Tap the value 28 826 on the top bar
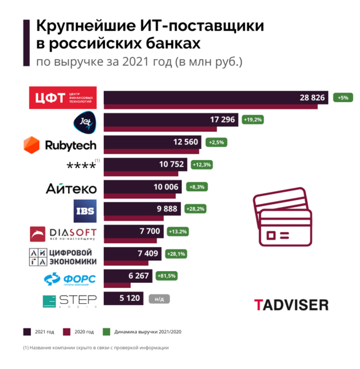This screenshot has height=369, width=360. point(312,98)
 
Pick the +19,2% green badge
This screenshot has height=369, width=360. point(252,120)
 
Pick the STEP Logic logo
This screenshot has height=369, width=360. point(66,301)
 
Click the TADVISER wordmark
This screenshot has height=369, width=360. point(291,304)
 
